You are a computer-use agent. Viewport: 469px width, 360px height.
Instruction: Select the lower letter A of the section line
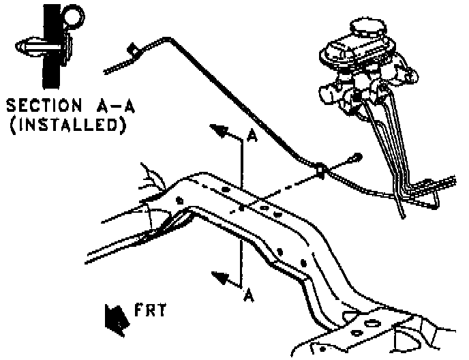[x=249, y=295]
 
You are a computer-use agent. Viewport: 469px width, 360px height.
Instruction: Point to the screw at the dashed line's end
[x=355, y=159]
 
